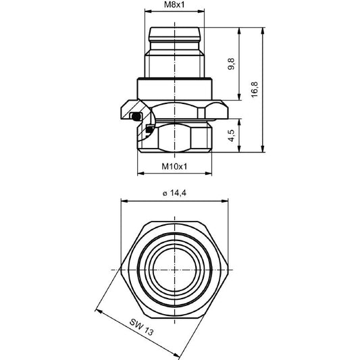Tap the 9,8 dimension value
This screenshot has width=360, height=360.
click(232, 65)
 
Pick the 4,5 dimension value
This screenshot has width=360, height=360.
click(232, 134)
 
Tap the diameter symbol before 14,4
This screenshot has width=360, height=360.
click(164, 194)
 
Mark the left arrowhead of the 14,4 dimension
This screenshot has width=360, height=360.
click(123, 201)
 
